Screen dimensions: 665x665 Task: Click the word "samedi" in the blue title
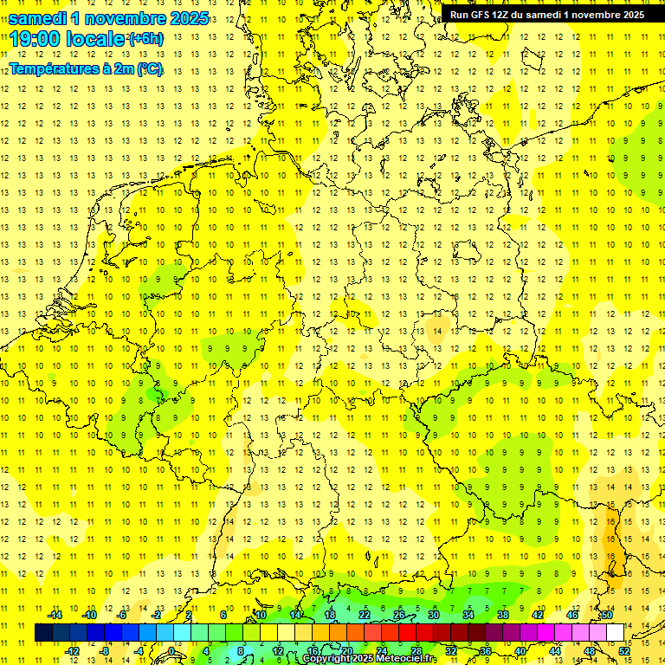point(37,18)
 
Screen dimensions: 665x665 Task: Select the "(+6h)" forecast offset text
point(145,40)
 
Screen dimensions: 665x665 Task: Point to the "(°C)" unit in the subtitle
point(149,69)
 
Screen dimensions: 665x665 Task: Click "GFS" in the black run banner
point(481,15)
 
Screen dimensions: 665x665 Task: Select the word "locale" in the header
point(98,39)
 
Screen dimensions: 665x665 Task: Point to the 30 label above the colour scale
point(434,615)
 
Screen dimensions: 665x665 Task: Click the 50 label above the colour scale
point(607,615)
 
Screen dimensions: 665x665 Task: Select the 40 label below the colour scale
point(520,651)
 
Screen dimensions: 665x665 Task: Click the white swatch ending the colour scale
point(615,633)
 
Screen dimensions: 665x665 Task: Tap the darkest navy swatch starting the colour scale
point(43,633)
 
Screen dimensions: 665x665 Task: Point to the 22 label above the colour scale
point(365,615)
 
